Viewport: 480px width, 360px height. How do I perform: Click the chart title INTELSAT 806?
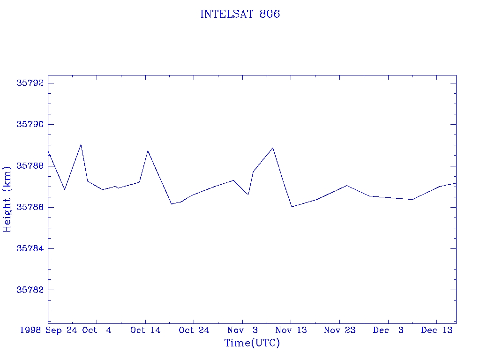coord(240,14)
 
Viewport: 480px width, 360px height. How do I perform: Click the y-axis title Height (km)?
coord(7,199)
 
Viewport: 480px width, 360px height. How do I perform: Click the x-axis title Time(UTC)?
coord(252,343)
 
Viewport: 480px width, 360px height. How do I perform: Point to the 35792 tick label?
coord(30,83)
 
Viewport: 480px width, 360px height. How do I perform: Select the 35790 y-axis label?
coord(30,124)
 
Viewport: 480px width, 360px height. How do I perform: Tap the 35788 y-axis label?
coord(30,166)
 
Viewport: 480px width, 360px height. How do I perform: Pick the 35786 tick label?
coord(30,207)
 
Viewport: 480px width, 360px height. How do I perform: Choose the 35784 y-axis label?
coord(30,248)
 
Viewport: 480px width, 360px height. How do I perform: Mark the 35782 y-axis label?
coord(30,290)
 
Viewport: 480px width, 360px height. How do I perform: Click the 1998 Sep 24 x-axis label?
coord(48,330)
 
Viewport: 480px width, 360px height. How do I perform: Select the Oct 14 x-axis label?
coord(145,330)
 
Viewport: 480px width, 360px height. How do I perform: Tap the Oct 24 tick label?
coord(194,330)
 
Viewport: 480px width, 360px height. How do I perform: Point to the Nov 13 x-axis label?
coord(291,330)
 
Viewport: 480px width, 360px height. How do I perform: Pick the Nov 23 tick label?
coord(339,330)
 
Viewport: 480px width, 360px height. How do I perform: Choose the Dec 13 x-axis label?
coord(436,330)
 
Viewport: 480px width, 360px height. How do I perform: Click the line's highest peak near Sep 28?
coord(81,144)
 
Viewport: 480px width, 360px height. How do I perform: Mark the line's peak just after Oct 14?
coord(148,150)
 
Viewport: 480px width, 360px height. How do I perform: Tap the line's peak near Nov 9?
coord(273,148)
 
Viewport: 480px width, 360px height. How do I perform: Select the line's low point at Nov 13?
coord(292,207)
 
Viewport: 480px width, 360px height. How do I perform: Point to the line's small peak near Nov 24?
coord(346,185)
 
